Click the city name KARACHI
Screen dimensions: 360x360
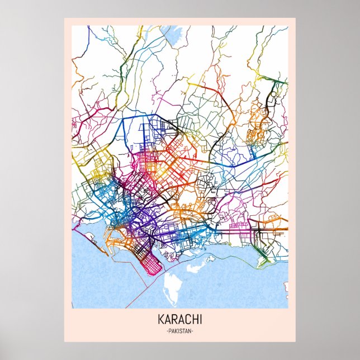point(179,320)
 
